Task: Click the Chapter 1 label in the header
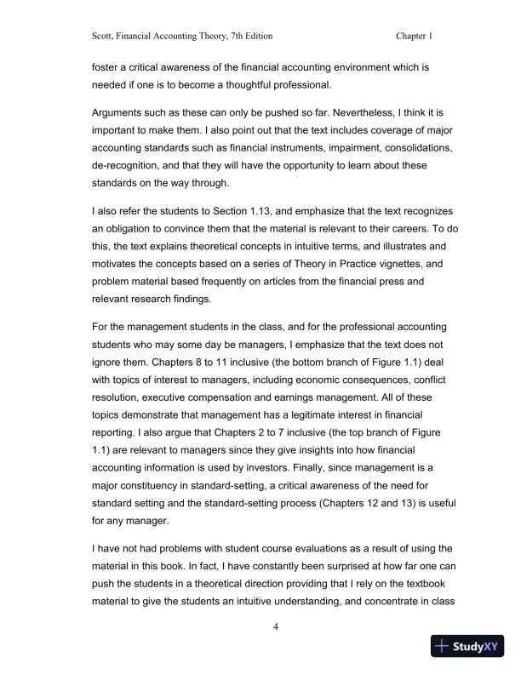415,37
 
